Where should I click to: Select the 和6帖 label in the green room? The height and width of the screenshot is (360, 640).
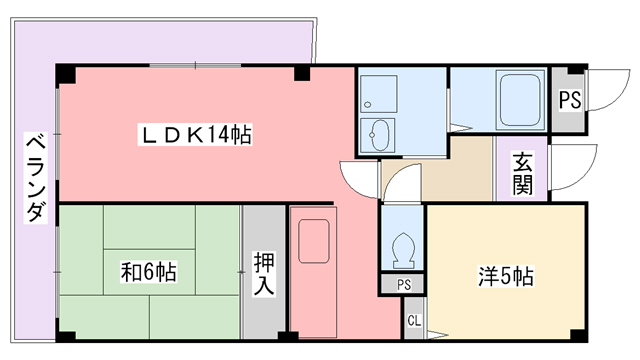click(x=149, y=271)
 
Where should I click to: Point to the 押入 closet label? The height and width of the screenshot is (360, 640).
click(x=264, y=272)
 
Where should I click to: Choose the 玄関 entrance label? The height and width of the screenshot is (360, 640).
click(x=522, y=173)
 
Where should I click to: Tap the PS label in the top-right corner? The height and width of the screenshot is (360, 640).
click(x=570, y=100)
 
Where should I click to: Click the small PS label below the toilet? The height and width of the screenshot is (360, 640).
click(x=403, y=285)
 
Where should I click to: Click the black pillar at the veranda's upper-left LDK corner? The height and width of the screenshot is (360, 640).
click(x=64, y=74)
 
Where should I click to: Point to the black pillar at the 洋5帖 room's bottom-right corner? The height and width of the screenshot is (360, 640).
click(x=577, y=332)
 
